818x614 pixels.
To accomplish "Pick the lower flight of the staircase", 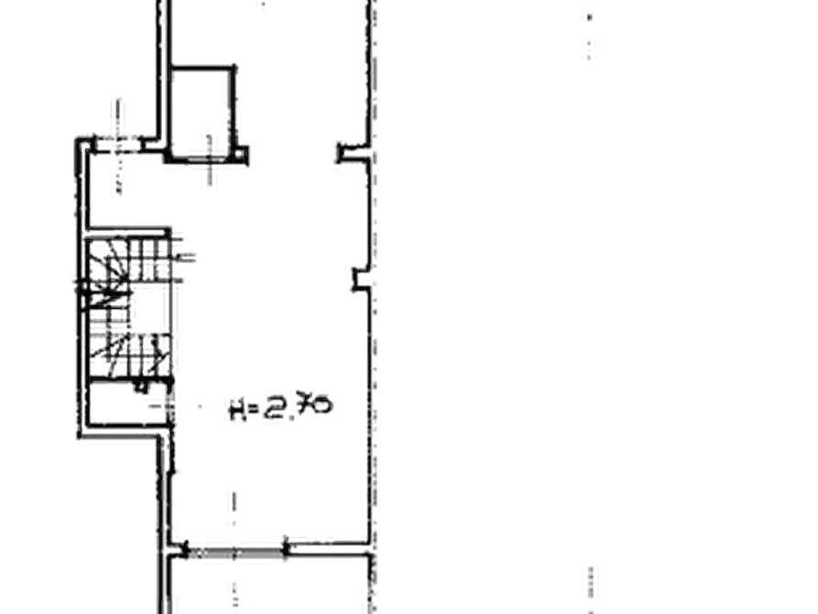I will click(128, 351).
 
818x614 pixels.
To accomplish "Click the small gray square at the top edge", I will click(262, 6).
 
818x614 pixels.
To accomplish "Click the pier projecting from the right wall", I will click(359, 279).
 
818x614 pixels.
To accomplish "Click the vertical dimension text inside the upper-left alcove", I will click(118, 179).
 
